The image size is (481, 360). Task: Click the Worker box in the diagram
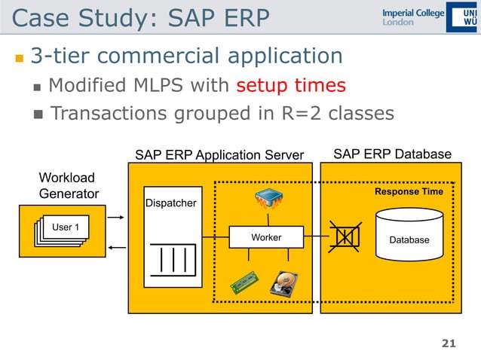coord(265,237)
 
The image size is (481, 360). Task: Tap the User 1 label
coord(66,226)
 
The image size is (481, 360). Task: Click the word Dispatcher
coord(171,203)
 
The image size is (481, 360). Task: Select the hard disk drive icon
coord(286,285)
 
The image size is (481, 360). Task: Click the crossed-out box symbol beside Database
coord(344,236)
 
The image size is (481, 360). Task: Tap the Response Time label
coord(409,192)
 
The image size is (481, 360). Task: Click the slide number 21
coord(449,344)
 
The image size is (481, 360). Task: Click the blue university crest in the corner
coord(461,17)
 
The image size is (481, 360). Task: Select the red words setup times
coord(290,85)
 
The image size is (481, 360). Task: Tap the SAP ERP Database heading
coord(392,154)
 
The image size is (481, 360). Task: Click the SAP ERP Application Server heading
coord(219,155)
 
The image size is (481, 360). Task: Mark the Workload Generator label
coord(68,185)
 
